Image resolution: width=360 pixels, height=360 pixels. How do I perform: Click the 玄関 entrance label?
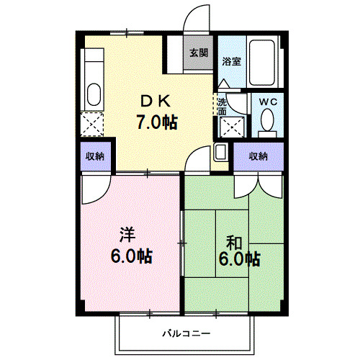199,53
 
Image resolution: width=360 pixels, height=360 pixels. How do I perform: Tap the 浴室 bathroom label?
231,61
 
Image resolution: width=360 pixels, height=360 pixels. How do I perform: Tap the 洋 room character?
127,235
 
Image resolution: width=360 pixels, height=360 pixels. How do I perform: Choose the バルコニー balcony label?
185,334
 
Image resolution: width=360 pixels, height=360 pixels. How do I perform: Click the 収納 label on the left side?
95,156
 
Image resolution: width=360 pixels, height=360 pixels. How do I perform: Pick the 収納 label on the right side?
258,156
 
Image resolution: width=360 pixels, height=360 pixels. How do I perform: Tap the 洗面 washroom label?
222,106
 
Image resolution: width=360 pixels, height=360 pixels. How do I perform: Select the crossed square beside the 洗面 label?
232,128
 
